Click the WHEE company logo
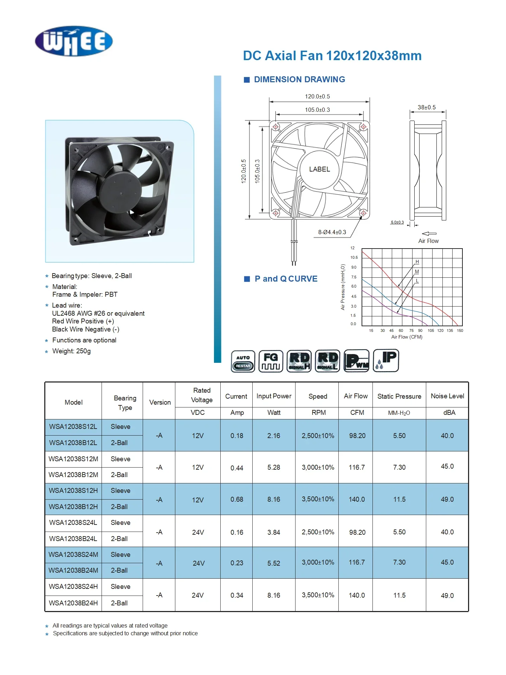[x=74, y=41]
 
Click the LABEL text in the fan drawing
[x=319, y=169]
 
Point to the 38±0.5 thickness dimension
[x=427, y=107]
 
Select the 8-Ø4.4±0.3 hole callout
[x=332, y=232]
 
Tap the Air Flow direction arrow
[x=429, y=234]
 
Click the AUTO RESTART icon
[x=243, y=361]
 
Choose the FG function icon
[x=271, y=361]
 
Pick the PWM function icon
[x=357, y=361]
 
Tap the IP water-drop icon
[x=386, y=361]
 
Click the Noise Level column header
[x=447, y=396]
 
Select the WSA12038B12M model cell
[x=73, y=475]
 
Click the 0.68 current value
[x=237, y=500]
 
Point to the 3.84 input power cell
[x=274, y=533]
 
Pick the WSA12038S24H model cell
[x=73, y=587]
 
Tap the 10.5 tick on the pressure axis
[x=354, y=258]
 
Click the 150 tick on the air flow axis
[x=460, y=331]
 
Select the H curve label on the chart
[x=417, y=262]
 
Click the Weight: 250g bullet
[x=71, y=351]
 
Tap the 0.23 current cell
[x=237, y=563]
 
